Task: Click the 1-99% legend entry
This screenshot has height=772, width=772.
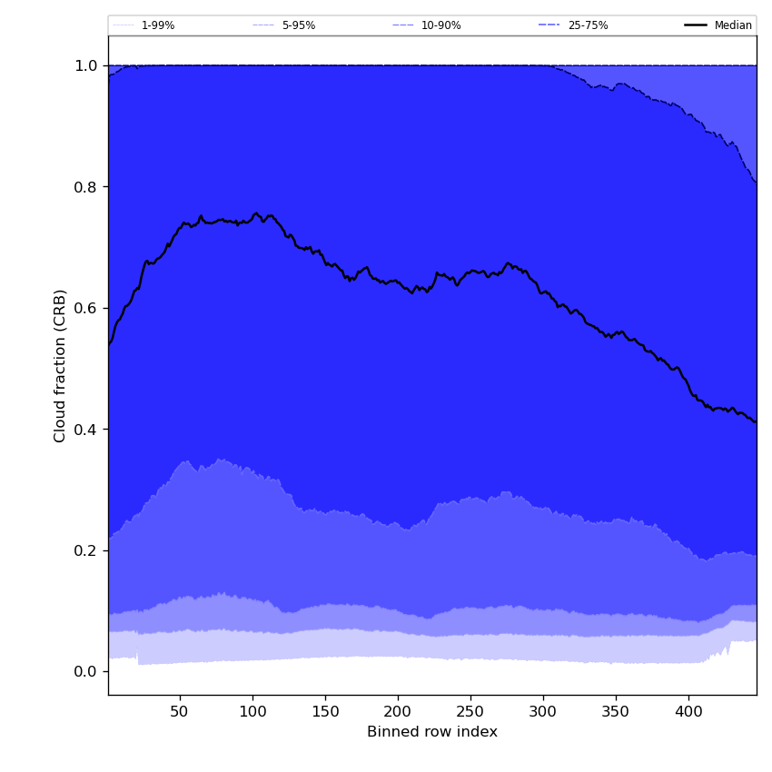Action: tap(157, 25)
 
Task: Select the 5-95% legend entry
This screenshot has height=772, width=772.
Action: tap(298, 25)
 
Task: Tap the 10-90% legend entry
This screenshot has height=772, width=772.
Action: tap(440, 25)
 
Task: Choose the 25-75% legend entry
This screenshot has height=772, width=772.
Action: tap(588, 25)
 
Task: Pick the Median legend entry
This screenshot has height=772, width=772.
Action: tap(733, 25)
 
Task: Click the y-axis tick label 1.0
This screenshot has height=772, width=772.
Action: tap(86, 65)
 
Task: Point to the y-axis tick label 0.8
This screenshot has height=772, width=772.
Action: tap(86, 187)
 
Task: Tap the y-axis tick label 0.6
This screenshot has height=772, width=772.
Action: tap(86, 308)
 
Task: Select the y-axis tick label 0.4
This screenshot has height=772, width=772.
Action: tap(86, 430)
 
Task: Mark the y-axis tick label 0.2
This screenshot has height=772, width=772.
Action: tap(86, 550)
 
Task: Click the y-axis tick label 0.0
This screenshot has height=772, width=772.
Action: tap(86, 672)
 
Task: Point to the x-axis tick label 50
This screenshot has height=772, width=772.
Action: tap(180, 712)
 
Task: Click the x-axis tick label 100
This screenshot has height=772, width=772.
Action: tap(252, 712)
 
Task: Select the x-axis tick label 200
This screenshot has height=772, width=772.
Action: tap(398, 712)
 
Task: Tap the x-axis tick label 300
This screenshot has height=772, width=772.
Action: tap(543, 712)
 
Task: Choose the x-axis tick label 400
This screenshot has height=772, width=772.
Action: tap(688, 712)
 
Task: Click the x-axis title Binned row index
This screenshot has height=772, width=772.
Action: tap(432, 732)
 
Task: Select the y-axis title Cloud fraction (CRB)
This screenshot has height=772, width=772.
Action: tap(61, 365)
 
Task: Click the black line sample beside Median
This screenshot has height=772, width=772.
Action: tap(696, 25)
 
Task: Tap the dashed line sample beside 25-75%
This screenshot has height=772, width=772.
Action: tap(549, 25)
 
